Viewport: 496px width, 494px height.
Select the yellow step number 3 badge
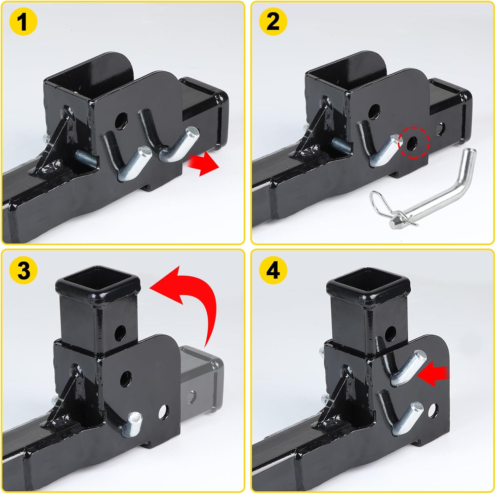tap(23, 270)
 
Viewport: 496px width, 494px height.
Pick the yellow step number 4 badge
tap(272, 270)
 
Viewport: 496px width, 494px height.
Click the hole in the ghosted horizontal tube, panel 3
tap(191, 397)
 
